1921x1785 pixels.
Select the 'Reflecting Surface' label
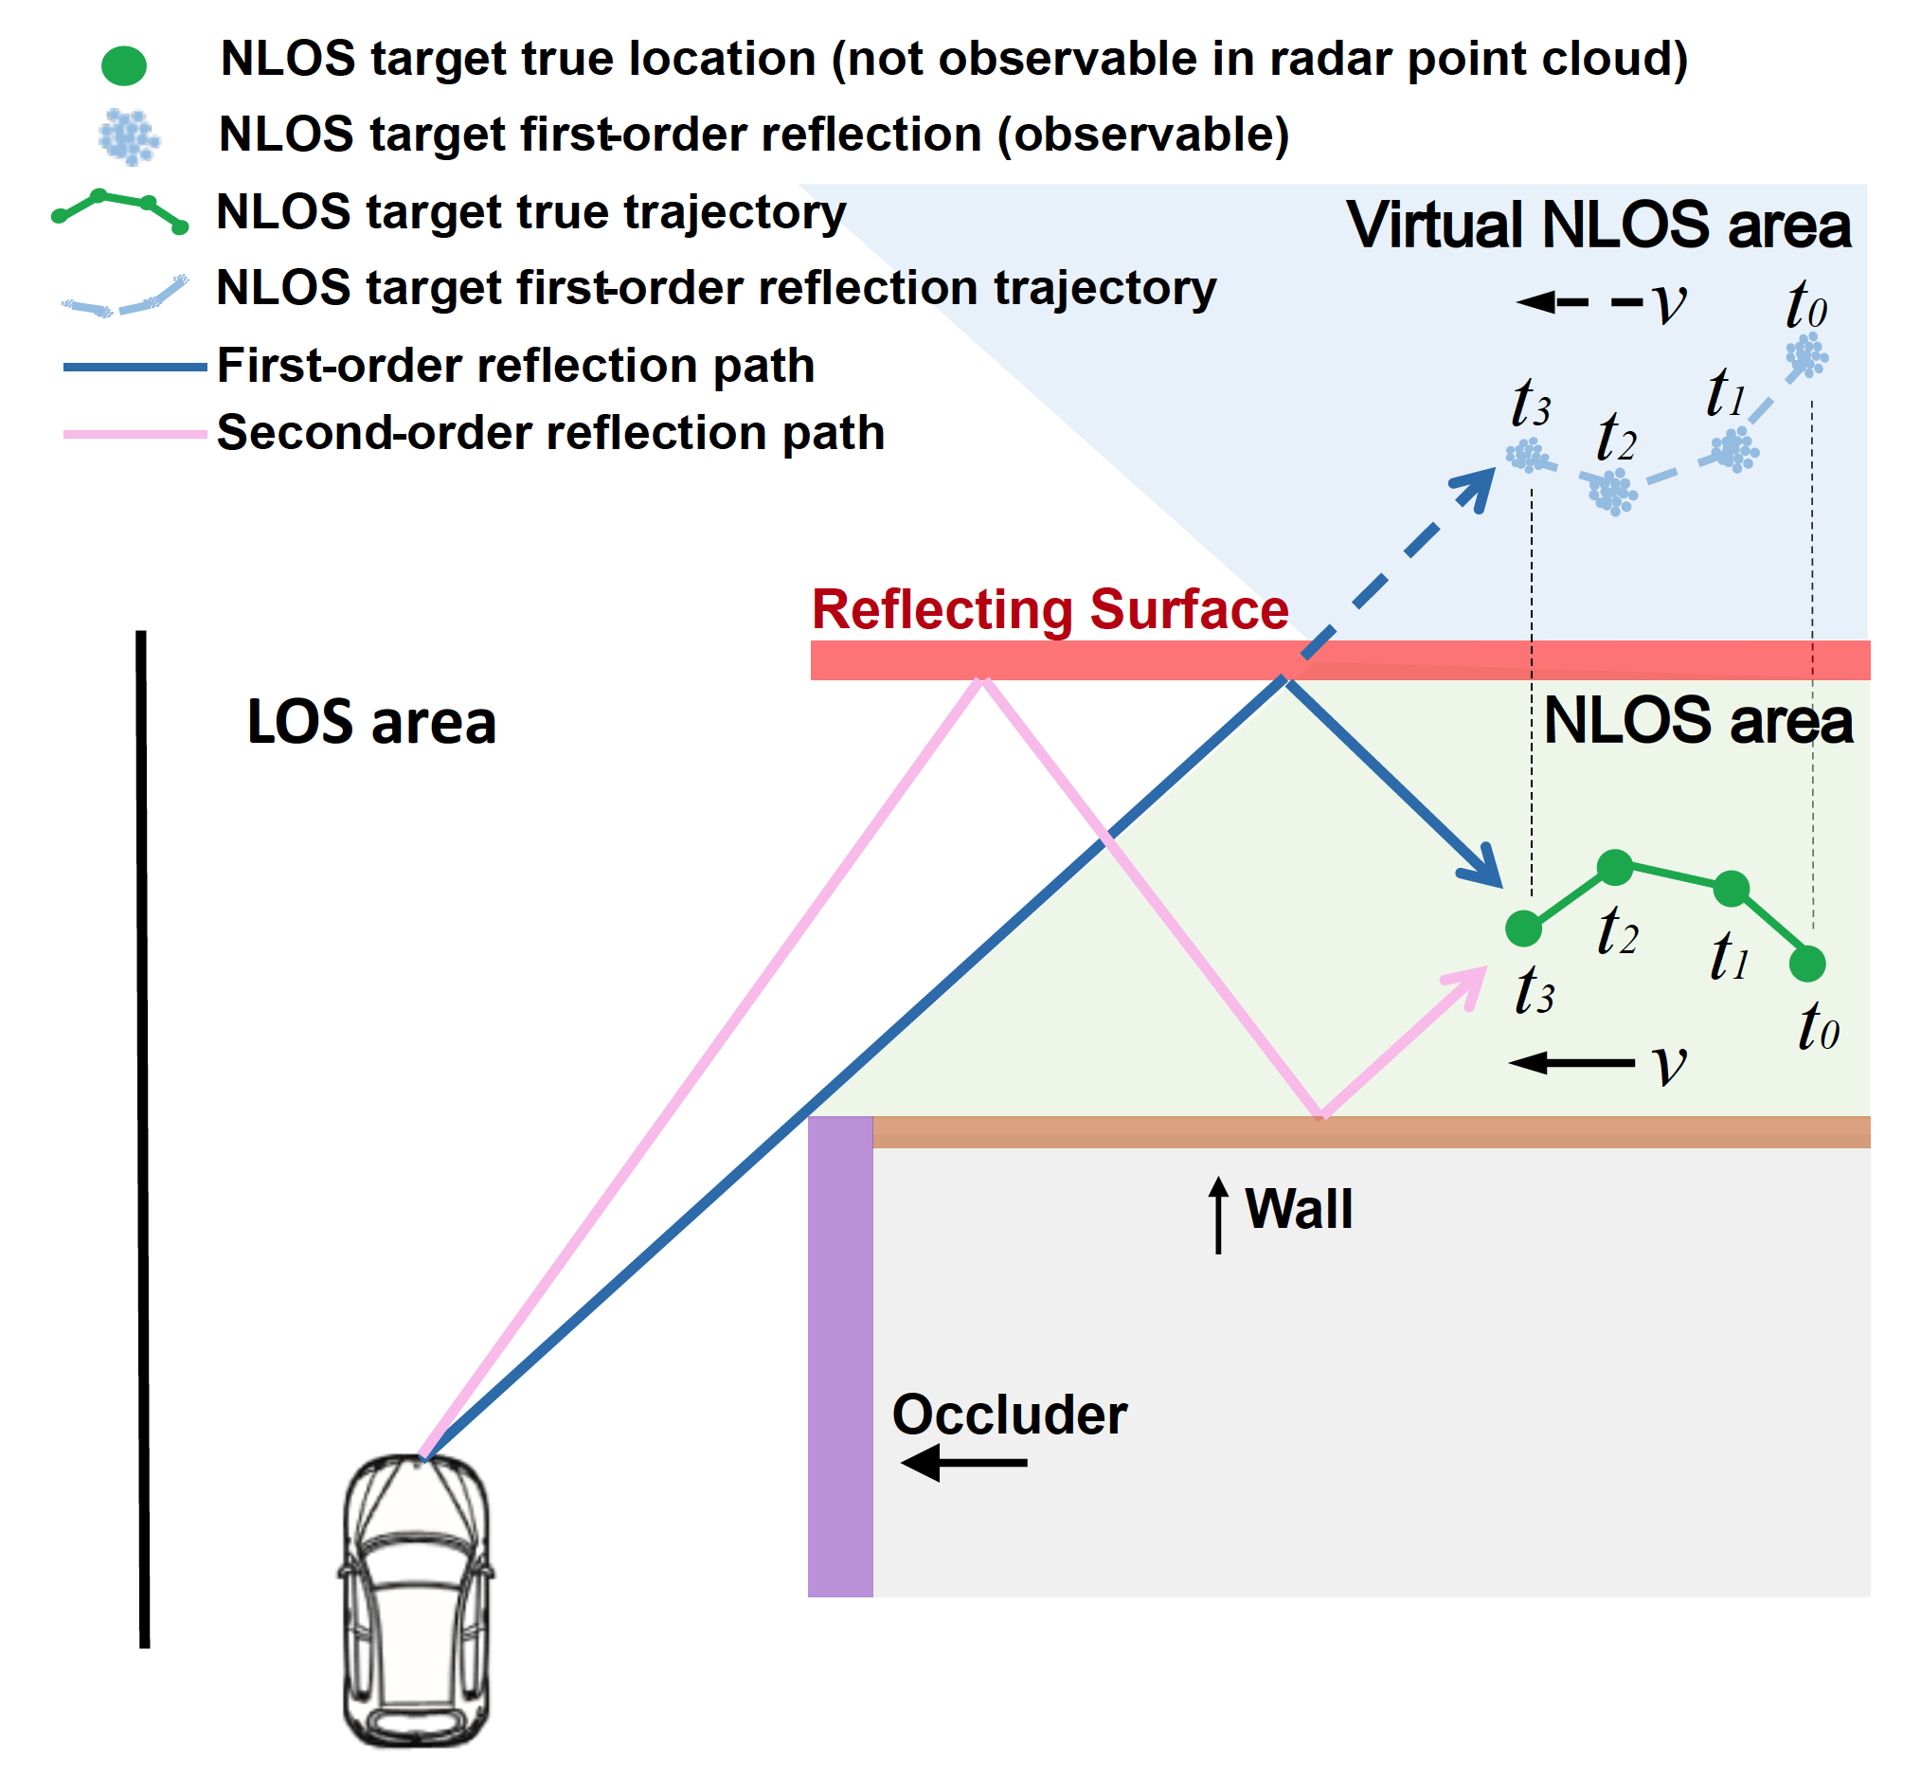tap(1049, 609)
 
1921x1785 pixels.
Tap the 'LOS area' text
tap(371, 723)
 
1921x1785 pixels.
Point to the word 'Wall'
tap(1298, 1209)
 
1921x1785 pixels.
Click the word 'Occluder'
tap(1008, 1415)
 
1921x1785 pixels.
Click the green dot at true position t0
tap(1806, 963)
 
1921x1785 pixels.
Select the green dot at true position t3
tap(1523, 929)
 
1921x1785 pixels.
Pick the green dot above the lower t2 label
tap(1614, 867)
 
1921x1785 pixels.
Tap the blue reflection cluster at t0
tap(1805, 355)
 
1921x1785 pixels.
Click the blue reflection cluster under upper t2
tap(1612, 492)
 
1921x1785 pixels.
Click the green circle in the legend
tap(124, 65)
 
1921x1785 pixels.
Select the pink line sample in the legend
tap(135, 435)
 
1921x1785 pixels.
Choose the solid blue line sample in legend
tap(135, 367)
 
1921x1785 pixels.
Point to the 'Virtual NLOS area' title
tap(1597, 225)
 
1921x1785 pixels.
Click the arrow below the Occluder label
tap(963, 1462)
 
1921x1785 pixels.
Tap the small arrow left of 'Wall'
tap(1218, 1214)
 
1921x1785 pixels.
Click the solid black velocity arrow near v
tap(1571, 1063)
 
